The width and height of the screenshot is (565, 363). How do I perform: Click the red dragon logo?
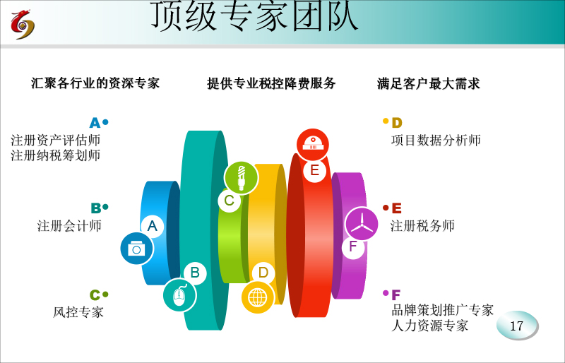[23, 25]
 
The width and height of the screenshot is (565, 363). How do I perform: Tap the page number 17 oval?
[517, 326]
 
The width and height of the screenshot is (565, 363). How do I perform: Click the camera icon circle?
[136, 249]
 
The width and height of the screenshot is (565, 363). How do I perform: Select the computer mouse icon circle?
[180, 295]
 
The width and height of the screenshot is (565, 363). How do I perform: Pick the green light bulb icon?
[241, 178]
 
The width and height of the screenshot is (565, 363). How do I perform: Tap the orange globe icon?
[258, 298]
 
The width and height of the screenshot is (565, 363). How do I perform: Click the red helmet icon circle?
[312, 145]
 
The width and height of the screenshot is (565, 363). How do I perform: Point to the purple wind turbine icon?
[362, 224]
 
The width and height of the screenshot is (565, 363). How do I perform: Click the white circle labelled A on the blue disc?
[153, 226]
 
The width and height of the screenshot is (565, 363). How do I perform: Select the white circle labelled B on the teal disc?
[195, 273]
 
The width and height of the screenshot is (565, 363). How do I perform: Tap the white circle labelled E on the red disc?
[314, 170]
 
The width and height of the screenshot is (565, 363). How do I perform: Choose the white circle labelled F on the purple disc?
[352, 247]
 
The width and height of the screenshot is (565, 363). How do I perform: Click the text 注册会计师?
[69, 226]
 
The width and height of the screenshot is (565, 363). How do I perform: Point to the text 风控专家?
[78, 312]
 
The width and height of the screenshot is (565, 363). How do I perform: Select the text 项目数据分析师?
[436, 141]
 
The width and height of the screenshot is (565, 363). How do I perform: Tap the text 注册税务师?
[422, 226]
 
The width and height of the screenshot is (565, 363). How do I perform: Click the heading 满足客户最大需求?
[429, 83]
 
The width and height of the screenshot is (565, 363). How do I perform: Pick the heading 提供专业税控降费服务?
[271, 83]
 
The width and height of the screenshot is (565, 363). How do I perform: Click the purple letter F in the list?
[395, 295]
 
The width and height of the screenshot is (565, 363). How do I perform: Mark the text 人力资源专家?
[429, 326]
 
